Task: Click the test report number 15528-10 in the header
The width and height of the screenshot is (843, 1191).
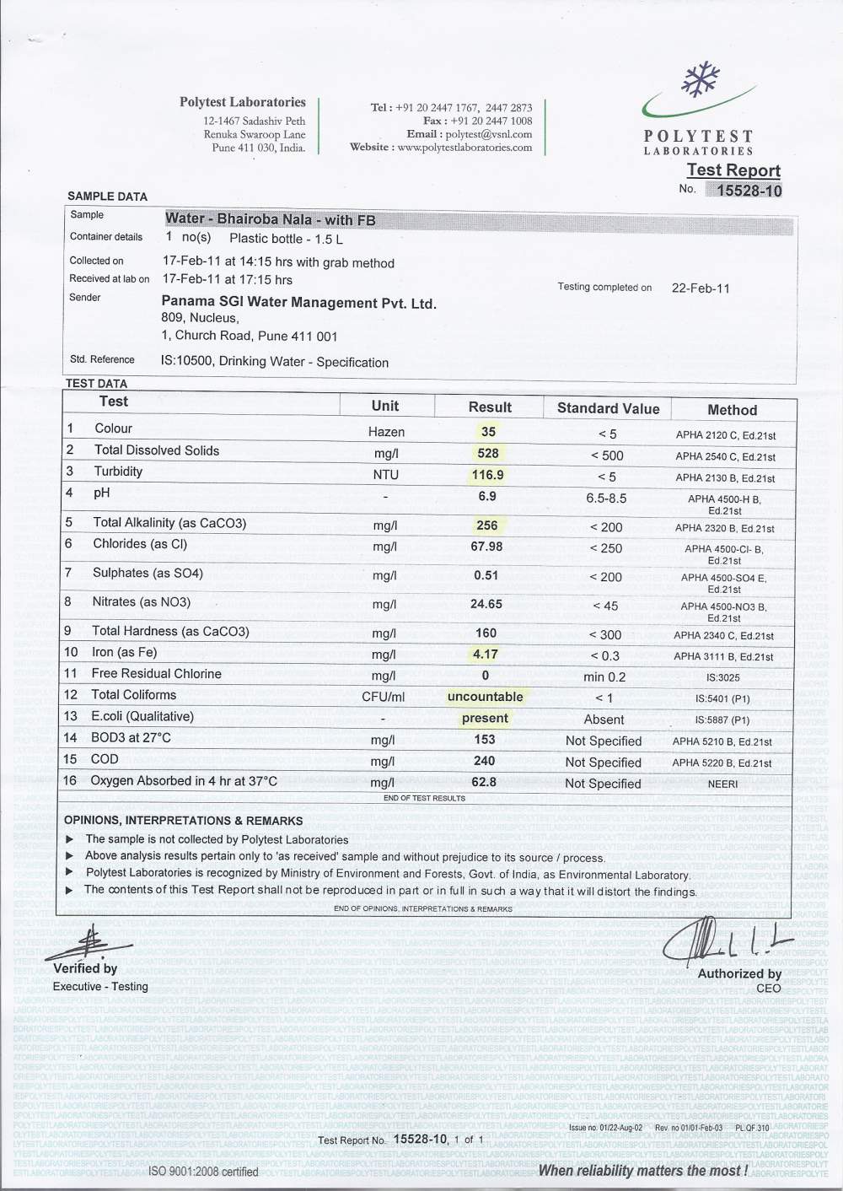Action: [x=749, y=191]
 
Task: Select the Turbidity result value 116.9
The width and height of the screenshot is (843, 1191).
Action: [x=487, y=475]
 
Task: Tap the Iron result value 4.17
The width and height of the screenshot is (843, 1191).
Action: [x=485, y=654]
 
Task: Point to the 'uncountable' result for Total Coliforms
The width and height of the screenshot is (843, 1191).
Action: [x=485, y=697]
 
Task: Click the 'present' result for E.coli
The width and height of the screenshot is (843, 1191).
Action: [x=485, y=719]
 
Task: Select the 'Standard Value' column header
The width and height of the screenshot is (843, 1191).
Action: [x=608, y=408]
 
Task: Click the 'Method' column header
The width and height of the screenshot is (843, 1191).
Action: [x=732, y=410]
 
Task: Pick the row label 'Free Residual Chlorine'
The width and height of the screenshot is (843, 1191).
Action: [x=156, y=674]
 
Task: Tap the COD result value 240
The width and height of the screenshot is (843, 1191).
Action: [x=485, y=761]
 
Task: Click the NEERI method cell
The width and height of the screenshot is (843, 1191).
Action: [x=722, y=784]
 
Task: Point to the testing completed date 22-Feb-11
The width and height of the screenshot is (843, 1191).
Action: [x=701, y=288]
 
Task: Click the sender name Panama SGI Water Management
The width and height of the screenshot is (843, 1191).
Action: [x=298, y=303]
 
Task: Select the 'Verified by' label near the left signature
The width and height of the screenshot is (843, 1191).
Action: [x=85, y=968]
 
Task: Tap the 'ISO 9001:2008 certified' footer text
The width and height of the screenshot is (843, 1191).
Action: [x=203, y=1172]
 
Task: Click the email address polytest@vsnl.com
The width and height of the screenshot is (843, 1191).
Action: [x=489, y=134]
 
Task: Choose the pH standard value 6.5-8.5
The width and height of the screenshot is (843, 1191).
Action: [x=606, y=498]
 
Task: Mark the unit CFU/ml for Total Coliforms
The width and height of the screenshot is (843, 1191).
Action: [x=384, y=697]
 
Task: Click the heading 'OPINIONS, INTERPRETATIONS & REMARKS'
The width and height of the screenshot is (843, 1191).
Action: [x=183, y=821]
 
